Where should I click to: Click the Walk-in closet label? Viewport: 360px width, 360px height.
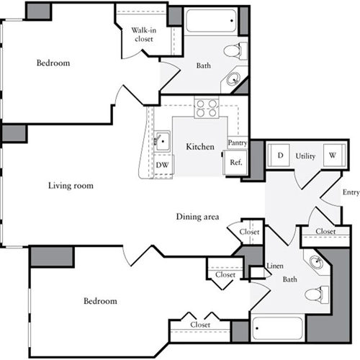[x=142, y=34]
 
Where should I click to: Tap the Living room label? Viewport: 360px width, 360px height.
[x=71, y=186]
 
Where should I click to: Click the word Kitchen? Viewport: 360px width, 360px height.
[x=200, y=147]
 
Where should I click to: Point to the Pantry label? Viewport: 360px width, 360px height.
[x=238, y=143]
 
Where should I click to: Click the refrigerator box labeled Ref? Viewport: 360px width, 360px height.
[x=235, y=162]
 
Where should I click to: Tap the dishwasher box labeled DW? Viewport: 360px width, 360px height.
[x=162, y=165]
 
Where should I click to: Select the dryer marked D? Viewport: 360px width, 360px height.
[x=279, y=155]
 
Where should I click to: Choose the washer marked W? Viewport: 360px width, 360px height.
[x=333, y=155]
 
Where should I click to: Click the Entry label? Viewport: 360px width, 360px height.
[x=351, y=192]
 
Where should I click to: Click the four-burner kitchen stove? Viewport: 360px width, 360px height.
[x=207, y=108]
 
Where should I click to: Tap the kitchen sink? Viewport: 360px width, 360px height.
[x=162, y=140]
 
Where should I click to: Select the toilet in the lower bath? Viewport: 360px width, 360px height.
[x=315, y=294]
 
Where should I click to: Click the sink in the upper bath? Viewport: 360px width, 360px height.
[x=235, y=79]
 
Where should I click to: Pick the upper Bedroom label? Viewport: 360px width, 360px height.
[x=53, y=63]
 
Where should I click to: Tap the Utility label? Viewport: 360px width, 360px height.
[x=306, y=155]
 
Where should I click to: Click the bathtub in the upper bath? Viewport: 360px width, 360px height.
[x=209, y=22]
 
